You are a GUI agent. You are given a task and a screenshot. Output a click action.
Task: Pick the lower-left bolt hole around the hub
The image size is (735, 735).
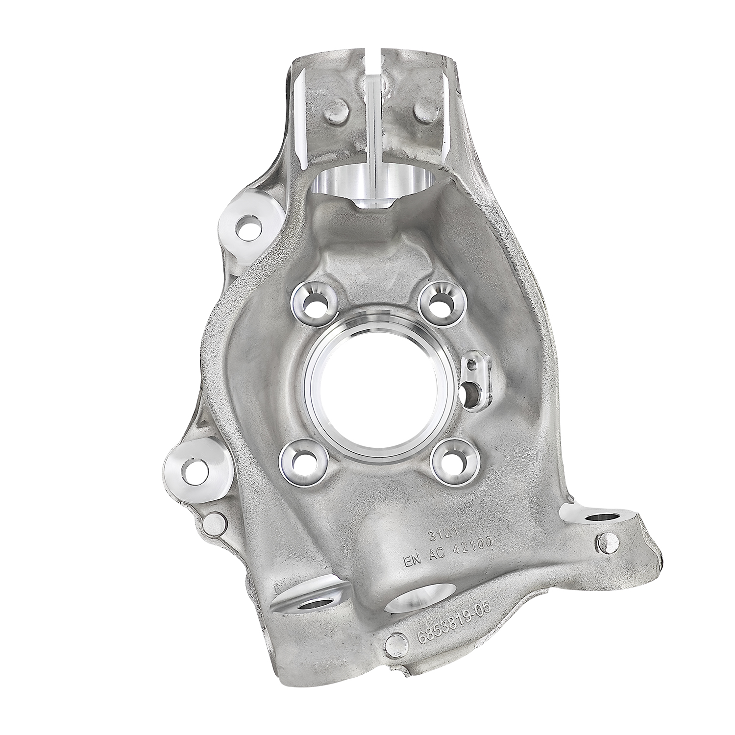(299, 460)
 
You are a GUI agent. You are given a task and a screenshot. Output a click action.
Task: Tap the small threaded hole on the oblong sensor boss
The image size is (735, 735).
(471, 364)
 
